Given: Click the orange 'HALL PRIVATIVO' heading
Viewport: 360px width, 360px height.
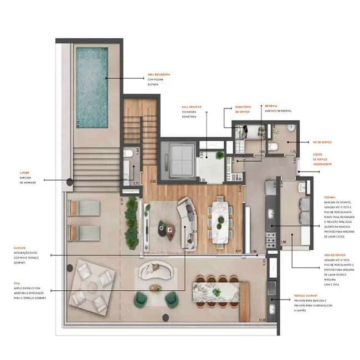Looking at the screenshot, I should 191,106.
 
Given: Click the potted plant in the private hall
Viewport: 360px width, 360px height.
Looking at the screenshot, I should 221,157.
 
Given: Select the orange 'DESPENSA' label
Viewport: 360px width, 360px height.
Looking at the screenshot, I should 271,106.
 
